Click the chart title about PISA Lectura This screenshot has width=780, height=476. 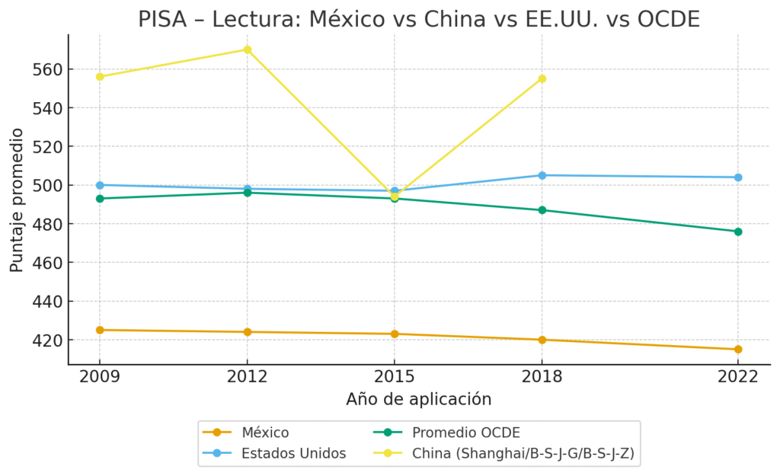418,18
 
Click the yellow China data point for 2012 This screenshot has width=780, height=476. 247,50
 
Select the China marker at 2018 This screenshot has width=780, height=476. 542,78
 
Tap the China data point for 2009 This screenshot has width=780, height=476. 100,76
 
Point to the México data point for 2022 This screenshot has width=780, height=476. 738,350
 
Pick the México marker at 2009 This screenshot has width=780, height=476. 100,330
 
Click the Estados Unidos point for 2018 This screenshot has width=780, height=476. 542,175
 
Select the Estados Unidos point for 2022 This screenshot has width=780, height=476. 738,177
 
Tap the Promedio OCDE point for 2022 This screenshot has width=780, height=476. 738,232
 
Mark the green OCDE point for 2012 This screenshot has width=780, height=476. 247,193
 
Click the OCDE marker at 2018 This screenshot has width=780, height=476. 542,210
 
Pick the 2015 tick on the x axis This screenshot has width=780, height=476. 394,376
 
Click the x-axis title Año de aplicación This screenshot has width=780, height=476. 418,399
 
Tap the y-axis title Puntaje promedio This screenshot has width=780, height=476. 17,200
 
